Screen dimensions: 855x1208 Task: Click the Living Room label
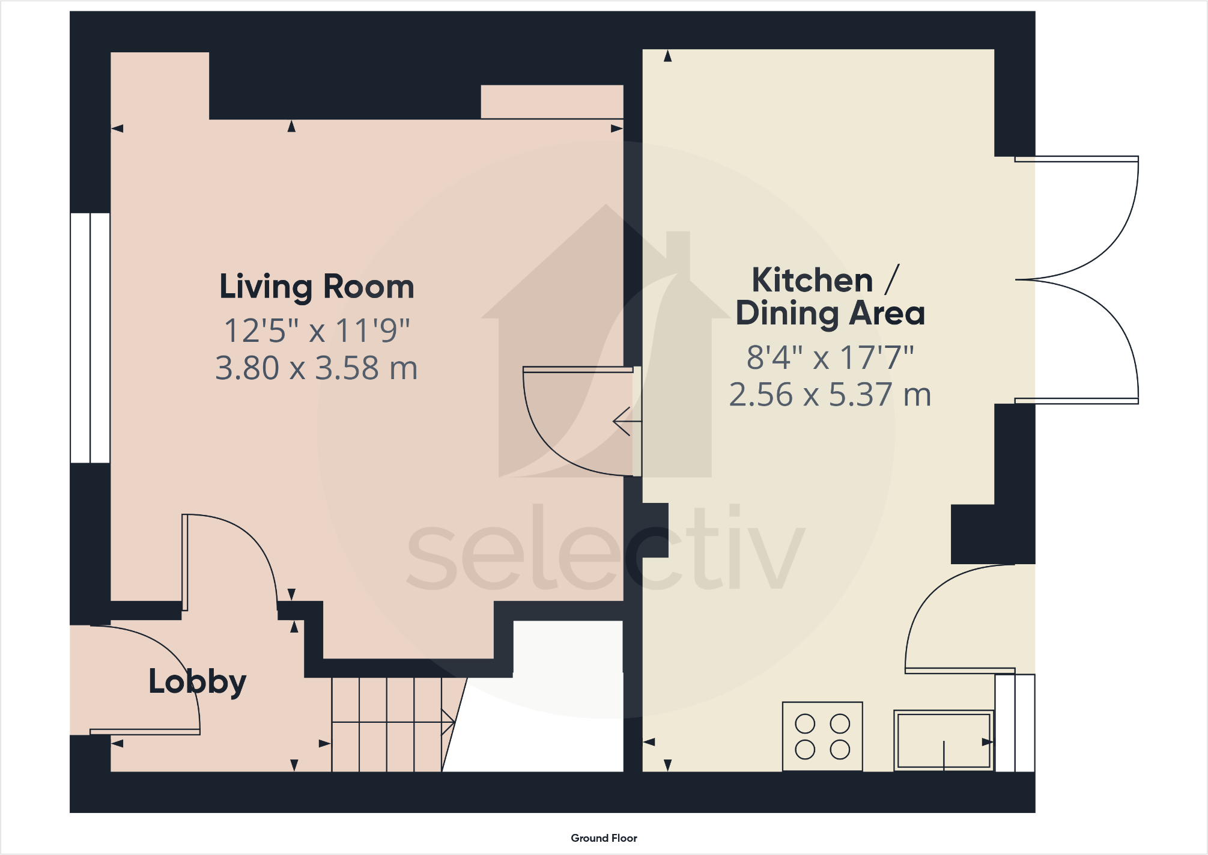[x=317, y=287]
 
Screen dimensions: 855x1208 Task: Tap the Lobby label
[x=197, y=682]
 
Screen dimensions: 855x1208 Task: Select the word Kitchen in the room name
[x=812, y=280]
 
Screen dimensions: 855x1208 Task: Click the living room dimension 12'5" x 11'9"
[x=317, y=330]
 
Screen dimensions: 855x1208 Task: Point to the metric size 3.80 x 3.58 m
[x=317, y=368]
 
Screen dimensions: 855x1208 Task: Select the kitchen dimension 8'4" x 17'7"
[x=830, y=358]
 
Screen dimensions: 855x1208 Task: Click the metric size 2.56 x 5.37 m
[x=830, y=395]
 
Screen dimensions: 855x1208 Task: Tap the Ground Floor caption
[x=604, y=838]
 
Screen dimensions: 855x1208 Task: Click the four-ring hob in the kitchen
[x=822, y=737]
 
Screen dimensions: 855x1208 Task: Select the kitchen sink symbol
[x=943, y=740]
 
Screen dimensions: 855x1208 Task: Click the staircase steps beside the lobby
[x=387, y=724]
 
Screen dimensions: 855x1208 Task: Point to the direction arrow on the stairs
[x=448, y=722]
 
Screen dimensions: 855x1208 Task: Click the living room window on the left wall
[x=90, y=338]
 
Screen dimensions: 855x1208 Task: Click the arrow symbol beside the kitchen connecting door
[x=625, y=421]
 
